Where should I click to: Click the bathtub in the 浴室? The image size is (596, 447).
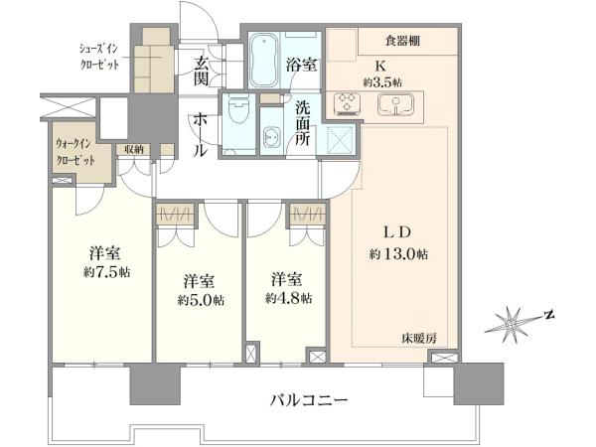(264, 60)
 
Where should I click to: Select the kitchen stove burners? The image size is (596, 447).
(348, 103)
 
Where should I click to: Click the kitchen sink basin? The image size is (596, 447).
(395, 103)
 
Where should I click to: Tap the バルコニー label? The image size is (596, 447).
(309, 399)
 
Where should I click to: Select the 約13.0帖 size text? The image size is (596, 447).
(398, 253)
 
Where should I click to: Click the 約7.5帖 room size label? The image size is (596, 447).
(107, 272)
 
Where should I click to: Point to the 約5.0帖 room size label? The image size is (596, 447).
(201, 300)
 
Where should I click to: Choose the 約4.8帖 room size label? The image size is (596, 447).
(288, 298)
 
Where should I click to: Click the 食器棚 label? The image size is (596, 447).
(403, 41)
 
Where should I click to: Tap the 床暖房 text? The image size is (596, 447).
(419, 338)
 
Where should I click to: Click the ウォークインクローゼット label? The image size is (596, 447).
(75, 152)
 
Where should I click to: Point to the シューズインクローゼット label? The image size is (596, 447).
(98, 57)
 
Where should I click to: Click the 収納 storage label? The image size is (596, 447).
(134, 149)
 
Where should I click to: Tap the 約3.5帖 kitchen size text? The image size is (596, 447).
(382, 82)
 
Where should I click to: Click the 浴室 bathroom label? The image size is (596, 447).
(301, 65)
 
